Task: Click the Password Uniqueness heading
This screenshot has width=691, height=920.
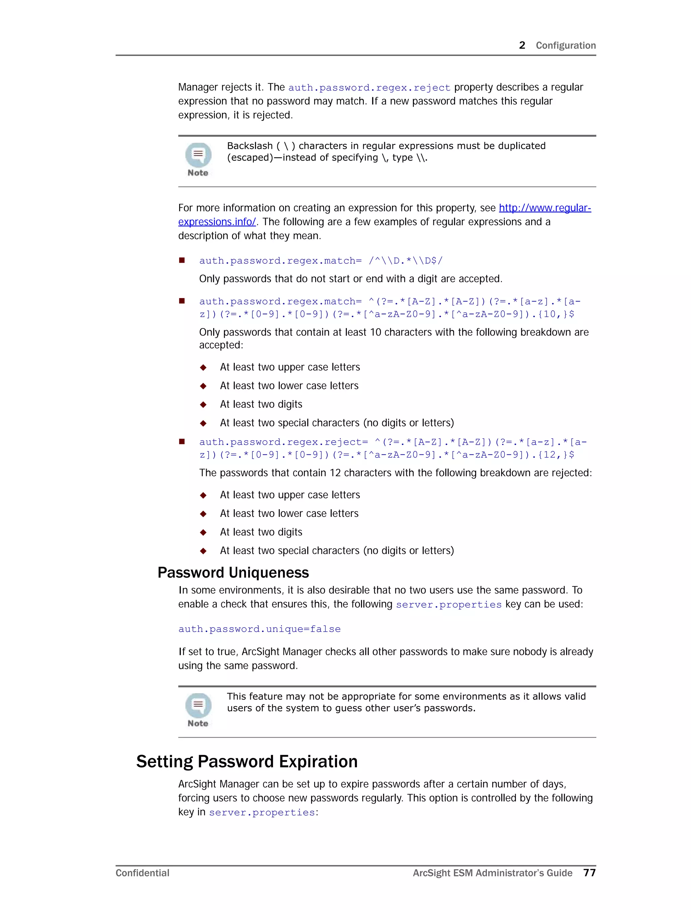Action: [233, 573]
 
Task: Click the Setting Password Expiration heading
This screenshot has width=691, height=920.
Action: [247, 762]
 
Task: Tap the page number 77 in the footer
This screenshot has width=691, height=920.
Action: [589, 873]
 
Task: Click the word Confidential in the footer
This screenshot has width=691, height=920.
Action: [142, 873]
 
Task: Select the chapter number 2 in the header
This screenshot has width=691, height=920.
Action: [522, 45]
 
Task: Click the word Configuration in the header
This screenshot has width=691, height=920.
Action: [565, 45]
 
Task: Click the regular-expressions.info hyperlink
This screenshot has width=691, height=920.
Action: [545, 208]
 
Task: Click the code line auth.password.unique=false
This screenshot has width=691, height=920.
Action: [259, 629]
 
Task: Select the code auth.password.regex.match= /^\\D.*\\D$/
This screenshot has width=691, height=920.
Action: [321, 261]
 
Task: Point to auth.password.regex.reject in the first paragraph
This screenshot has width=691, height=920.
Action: [369, 88]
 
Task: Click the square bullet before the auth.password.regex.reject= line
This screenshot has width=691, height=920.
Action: [182, 442]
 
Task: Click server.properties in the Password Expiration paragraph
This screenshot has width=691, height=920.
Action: [262, 812]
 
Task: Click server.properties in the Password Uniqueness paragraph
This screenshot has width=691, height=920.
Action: [449, 604]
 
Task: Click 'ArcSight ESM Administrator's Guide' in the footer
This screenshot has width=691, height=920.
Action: [492, 873]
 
